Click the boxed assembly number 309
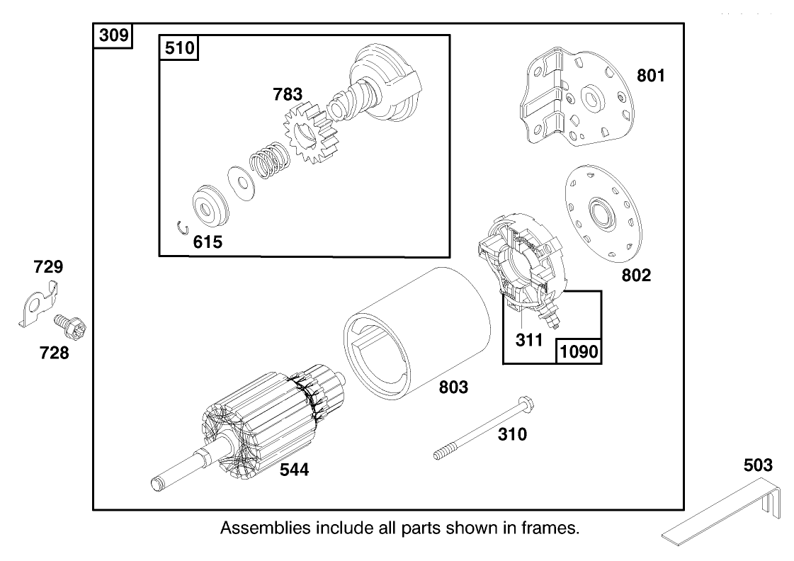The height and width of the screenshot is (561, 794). [113, 35]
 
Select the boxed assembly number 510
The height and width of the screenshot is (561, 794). [178, 48]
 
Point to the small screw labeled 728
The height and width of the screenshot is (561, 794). [69, 328]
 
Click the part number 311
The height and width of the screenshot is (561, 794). [529, 340]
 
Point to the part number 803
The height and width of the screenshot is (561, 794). [453, 387]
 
